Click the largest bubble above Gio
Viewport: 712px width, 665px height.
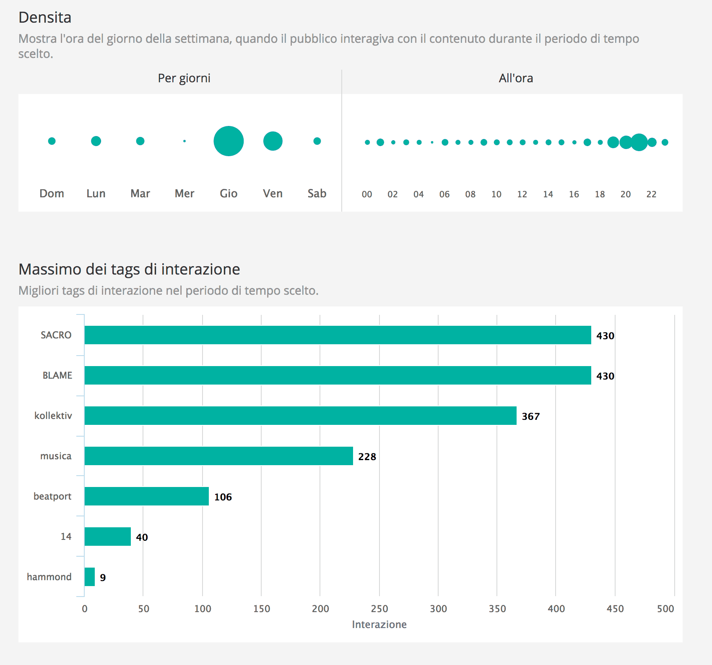tap(229, 141)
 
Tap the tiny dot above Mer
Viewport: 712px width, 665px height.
tap(184, 141)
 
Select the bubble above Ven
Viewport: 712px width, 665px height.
tap(273, 141)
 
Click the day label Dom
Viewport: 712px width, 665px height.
tap(52, 194)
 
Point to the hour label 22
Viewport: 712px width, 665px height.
tap(651, 194)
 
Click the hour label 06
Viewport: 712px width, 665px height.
tap(444, 194)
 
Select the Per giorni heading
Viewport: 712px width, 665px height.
tap(184, 79)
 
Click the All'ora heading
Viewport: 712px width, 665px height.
tap(516, 79)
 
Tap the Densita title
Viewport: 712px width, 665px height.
tap(45, 18)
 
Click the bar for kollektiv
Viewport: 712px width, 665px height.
tap(300, 416)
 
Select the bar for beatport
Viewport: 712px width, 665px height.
tap(146, 496)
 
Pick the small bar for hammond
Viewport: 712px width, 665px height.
tap(90, 577)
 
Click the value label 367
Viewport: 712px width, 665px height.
tap(530, 416)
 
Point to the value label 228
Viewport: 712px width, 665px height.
tap(367, 457)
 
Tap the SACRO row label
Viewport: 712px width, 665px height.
tap(56, 335)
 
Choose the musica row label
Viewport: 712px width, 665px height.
tap(56, 456)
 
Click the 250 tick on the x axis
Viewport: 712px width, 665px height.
tap(379, 609)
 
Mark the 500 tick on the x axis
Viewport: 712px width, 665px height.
tap(665, 609)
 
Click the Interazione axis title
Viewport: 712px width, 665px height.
tap(379, 625)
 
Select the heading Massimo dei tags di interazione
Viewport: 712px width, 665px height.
tap(129, 269)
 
